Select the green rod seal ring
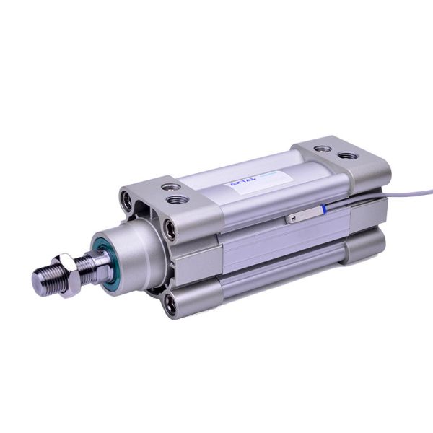pyautogui.click(x=107, y=263)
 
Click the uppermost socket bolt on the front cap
pyautogui.click(x=128, y=200)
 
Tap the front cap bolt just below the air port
pyautogui.click(x=170, y=230)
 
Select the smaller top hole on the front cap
pyautogui.click(x=172, y=186)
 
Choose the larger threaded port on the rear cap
pyautogui.click(x=347, y=155)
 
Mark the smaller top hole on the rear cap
pyautogui.click(x=323, y=149)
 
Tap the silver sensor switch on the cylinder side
pyautogui.click(x=303, y=214)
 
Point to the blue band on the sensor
pyautogui.click(x=323, y=209)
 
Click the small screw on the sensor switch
pyautogui.click(x=292, y=217)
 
